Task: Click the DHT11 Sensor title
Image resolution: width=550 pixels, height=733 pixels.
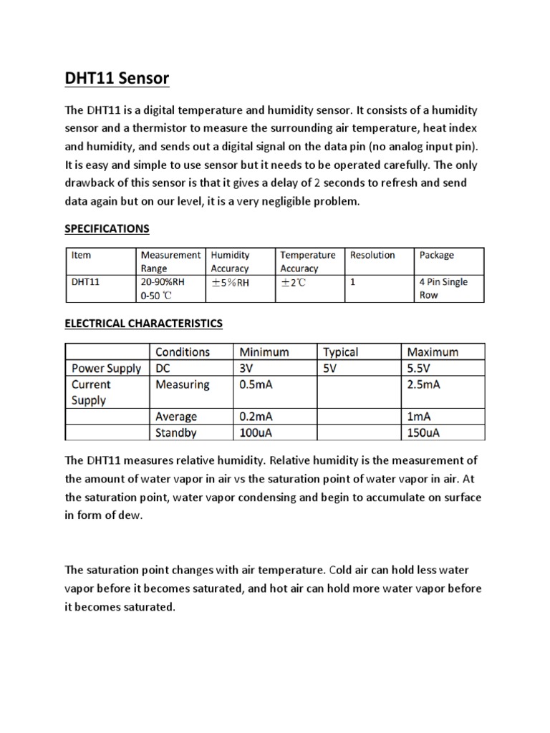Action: point(117,78)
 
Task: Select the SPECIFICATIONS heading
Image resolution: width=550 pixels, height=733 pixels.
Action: point(107,228)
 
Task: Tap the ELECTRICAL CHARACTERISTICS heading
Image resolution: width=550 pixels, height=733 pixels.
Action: point(144,324)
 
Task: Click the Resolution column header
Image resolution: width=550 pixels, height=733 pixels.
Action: point(372,255)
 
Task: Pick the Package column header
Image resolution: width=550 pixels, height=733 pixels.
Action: point(437,255)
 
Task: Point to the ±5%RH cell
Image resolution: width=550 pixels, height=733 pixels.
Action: point(231,282)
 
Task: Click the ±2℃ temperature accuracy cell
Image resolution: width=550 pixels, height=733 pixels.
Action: point(294,282)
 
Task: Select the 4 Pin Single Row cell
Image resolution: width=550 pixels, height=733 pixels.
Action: point(443,288)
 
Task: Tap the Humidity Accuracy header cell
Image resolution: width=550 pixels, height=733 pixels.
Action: point(231,261)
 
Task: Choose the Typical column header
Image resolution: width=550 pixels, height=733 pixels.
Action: point(341,352)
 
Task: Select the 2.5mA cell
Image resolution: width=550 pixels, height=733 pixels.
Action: point(424,385)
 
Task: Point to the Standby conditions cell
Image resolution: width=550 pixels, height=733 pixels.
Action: point(176,432)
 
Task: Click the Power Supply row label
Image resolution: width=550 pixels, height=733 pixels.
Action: point(107,369)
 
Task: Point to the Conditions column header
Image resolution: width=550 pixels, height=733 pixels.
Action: point(183,352)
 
